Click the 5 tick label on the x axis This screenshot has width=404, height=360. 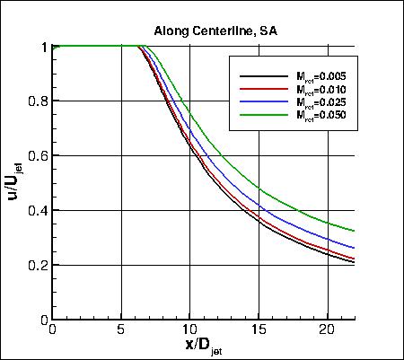[x=121, y=330]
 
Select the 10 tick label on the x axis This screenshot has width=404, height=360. [x=189, y=330]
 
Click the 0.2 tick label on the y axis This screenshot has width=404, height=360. [x=37, y=265]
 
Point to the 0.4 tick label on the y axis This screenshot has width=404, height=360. [x=37, y=210]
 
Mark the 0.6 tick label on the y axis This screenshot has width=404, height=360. [x=37, y=155]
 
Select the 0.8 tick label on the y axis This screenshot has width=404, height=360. [x=37, y=101]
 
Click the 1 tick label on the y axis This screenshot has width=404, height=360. [x=43, y=46]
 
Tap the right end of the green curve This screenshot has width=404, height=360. [x=354, y=231]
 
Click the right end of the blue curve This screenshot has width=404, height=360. [x=354, y=248]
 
